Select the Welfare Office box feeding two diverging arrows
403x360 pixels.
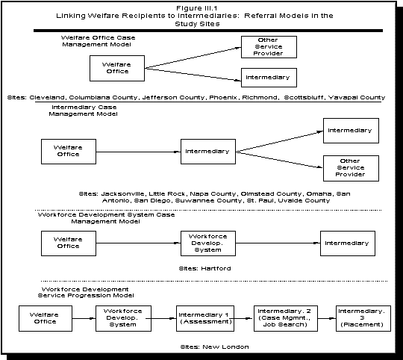pos(116,69)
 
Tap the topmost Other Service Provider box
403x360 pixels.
pos(267,46)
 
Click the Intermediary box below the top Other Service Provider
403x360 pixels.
pos(267,78)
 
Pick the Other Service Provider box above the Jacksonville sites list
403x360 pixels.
pos(349,167)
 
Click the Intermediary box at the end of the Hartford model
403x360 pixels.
pos(349,243)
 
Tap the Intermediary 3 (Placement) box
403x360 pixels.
pos(361,319)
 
